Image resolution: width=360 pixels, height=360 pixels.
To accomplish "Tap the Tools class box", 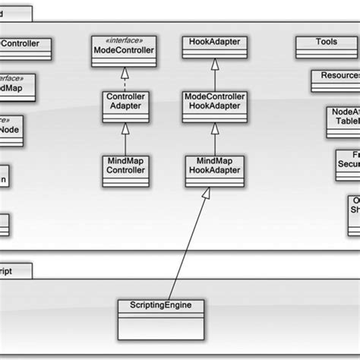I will click(x=326, y=47).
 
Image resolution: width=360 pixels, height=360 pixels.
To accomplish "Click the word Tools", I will click(x=326, y=42).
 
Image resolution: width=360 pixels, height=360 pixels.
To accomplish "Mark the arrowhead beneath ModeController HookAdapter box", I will click(x=214, y=128).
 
